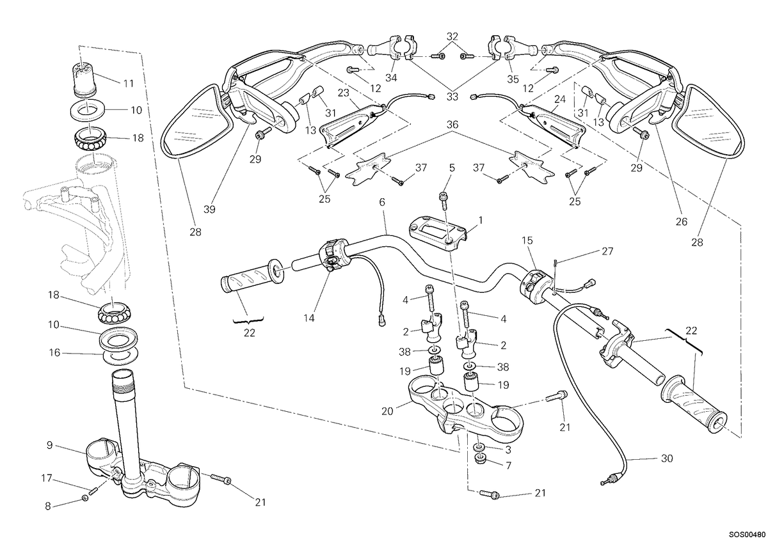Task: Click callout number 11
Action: [x=128, y=83]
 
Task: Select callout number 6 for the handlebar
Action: [x=382, y=202]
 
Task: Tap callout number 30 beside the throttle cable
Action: [x=667, y=459]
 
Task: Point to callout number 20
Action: [x=387, y=411]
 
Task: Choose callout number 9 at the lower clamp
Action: [x=50, y=445]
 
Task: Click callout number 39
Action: [x=209, y=209]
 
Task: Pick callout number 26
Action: [x=682, y=222]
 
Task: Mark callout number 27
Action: [x=607, y=251]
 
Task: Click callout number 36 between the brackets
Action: [x=452, y=124]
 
